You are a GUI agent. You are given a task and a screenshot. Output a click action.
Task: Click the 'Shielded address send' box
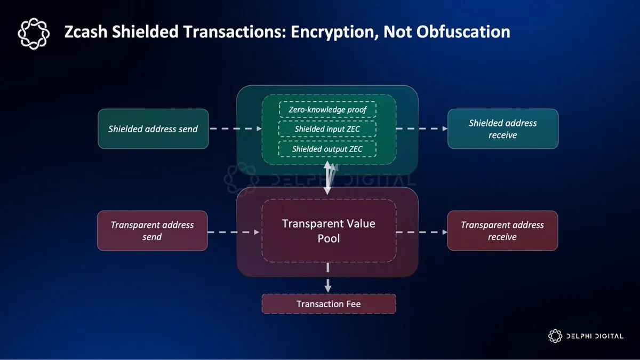(x=153, y=129)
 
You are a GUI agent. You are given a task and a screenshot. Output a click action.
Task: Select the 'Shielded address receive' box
(x=502, y=129)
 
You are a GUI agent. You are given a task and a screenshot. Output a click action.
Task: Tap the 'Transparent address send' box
(x=152, y=231)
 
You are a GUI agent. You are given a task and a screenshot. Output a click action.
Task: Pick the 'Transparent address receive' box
(x=502, y=231)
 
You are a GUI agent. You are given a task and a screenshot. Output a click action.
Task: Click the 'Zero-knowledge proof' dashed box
(x=327, y=109)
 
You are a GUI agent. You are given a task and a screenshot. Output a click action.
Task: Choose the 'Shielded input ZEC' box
(x=327, y=129)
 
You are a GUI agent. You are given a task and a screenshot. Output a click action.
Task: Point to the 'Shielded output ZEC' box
(x=327, y=149)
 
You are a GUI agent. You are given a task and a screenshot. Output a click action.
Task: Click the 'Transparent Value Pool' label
(x=329, y=230)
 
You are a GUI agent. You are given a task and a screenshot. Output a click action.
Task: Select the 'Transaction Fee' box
(x=329, y=304)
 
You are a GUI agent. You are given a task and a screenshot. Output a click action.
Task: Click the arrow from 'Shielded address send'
(x=235, y=129)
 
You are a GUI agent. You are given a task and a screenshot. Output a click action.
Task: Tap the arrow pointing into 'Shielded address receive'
(x=421, y=129)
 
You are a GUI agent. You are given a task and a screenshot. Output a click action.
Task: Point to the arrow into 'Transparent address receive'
(x=421, y=232)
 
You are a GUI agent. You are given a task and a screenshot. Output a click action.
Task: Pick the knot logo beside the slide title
(x=34, y=33)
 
